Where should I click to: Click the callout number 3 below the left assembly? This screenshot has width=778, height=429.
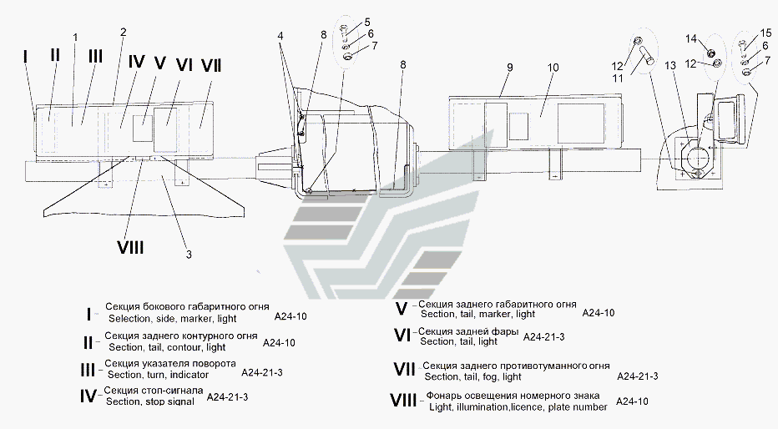click(x=189, y=255)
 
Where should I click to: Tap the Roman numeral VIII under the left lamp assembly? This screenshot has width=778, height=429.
click(x=130, y=246)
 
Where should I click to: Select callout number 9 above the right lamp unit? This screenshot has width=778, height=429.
click(x=509, y=67)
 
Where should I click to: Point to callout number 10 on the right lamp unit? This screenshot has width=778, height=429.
click(x=553, y=67)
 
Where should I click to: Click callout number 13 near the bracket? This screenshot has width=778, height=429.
click(x=670, y=65)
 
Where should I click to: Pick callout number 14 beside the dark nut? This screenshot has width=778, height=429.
click(x=691, y=38)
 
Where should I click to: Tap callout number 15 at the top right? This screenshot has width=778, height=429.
click(x=765, y=33)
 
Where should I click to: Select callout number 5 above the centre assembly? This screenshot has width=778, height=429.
click(x=367, y=22)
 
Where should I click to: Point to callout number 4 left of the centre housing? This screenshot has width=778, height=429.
click(x=280, y=36)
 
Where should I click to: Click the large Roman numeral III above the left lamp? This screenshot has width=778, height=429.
click(x=95, y=56)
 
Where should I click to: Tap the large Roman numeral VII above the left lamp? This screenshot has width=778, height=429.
click(x=211, y=65)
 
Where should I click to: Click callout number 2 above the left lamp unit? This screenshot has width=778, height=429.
click(x=123, y=33)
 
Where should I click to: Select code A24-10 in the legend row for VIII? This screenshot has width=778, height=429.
click(x=632, y=401)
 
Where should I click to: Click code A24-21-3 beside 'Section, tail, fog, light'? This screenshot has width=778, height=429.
click(x=638, y=376)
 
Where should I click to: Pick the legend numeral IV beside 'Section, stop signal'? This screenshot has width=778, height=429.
click(x=88, y=396)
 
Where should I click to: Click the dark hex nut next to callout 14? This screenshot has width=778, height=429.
click(x=710, y=52)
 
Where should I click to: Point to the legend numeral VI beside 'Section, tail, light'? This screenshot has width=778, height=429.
click(x=402, y=336)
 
